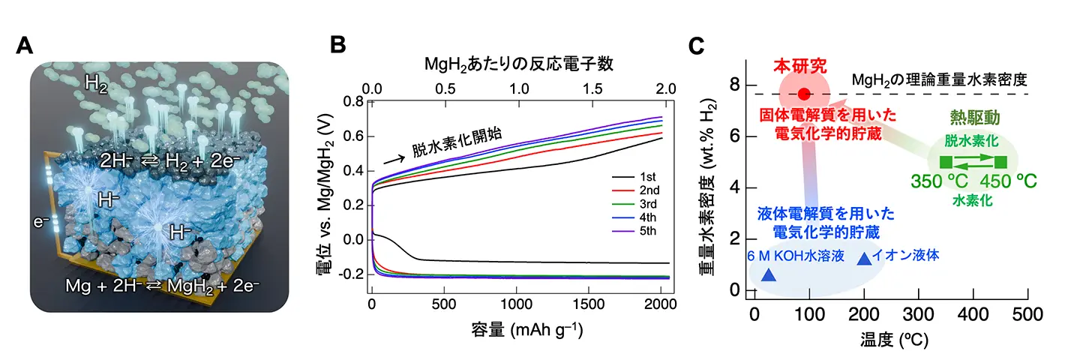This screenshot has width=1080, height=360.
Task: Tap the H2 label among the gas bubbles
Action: pyautogui.click(x=97, y=84)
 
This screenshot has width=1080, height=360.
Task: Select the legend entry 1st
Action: pyautogui.click(x=643, y=178)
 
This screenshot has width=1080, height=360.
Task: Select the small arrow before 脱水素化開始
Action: pyautogui.click(x=391, y=159)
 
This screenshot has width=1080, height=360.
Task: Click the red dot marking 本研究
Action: pyautogui.click(x=804, y=94)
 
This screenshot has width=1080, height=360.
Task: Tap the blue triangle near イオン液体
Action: pyautogui.click(x=864, y=258)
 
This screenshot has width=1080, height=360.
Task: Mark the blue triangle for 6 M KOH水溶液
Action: pyautogui.click(x=769, y=275)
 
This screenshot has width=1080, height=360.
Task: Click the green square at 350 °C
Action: pyautogui.click(x=946, y=161)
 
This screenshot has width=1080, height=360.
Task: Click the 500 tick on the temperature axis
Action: pyautogui.click(x=1028, y=314)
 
